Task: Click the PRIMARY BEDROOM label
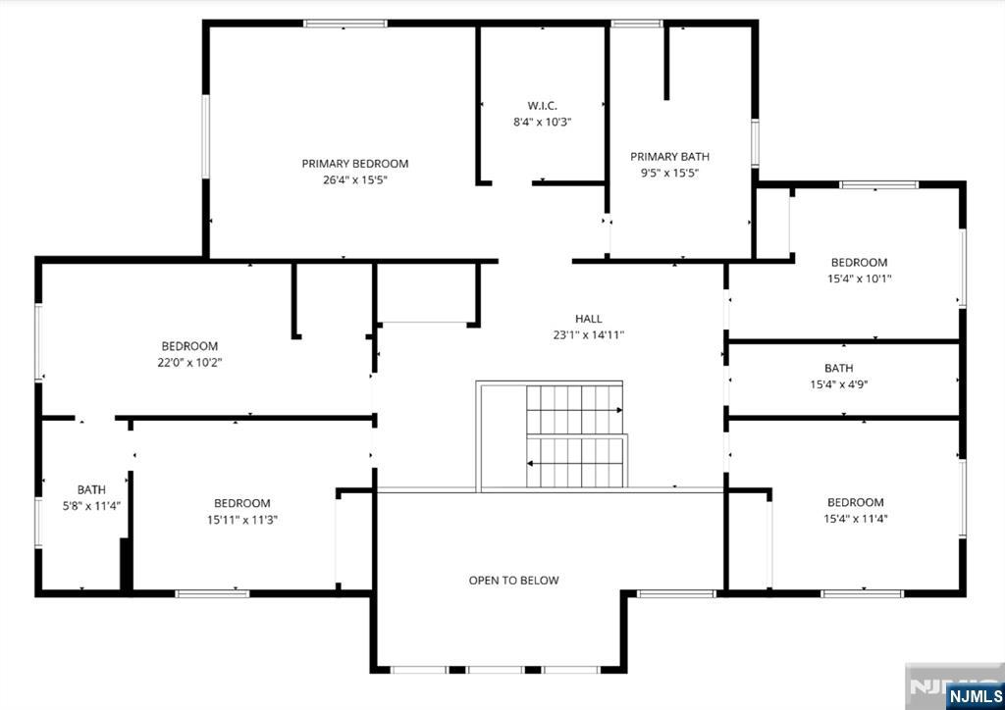point(355,163)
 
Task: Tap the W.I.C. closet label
point(542,106)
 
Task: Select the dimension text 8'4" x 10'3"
point(542,122)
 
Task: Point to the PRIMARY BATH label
point(669,156)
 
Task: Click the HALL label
point(589,318)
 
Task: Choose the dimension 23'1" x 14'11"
point(589,334)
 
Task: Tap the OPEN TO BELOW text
point(513,580)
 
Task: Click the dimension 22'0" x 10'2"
point(189,363)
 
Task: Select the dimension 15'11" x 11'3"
point(242,519)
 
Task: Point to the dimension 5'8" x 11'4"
point(91,506)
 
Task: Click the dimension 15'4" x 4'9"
point(839,384)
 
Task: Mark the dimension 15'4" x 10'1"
point(860,279)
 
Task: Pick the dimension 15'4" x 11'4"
point(856,519)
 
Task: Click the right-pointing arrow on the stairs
point(575,410)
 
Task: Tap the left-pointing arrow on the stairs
point(575,462)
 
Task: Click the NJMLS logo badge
point(974,696)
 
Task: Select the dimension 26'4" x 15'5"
point(355,179)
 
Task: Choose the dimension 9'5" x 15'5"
point(669,173)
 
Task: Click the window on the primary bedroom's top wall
point(345,24)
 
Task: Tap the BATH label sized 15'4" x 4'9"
point(839,368)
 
